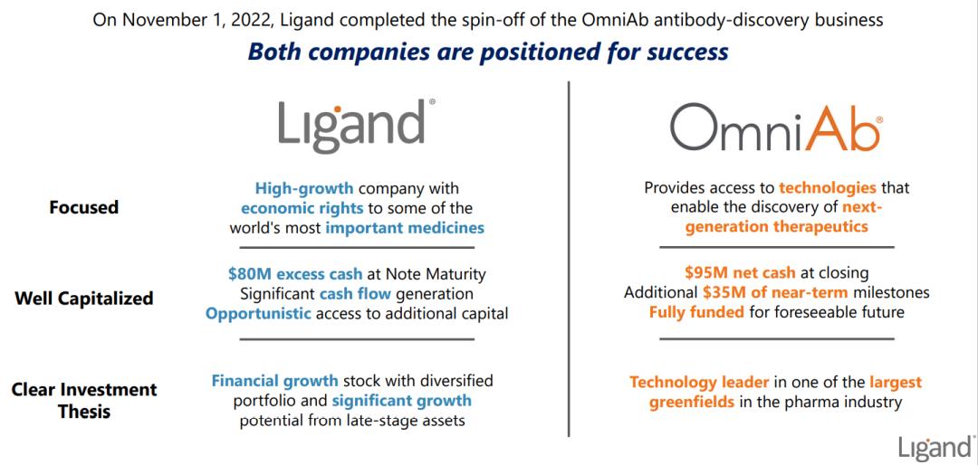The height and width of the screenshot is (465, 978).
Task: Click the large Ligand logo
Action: [355, 126]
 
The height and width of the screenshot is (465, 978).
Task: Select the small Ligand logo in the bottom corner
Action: [935, 448]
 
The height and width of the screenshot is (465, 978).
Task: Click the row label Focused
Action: [83, 207]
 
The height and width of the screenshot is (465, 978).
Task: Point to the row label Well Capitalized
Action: [83, 298]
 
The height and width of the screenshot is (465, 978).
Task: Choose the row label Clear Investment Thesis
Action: [83, 400]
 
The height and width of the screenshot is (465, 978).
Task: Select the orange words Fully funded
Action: [695, 313]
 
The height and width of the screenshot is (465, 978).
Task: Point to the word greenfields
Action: [692, 402]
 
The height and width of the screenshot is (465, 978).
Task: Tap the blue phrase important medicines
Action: [405, 228]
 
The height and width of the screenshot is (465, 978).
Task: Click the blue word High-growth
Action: [304, 188]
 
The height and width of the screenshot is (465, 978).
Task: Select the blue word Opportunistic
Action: [258, 314]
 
